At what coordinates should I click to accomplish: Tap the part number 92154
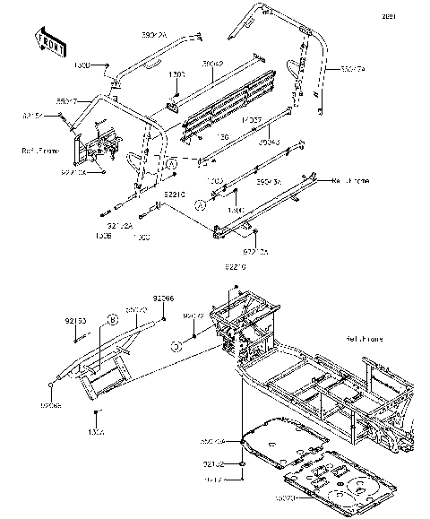tap(33, 115)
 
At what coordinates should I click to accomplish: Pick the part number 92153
tap(75, 318)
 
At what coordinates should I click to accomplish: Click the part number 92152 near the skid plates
tap(212, 464)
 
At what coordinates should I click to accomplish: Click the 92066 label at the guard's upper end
tap(162, 298)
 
